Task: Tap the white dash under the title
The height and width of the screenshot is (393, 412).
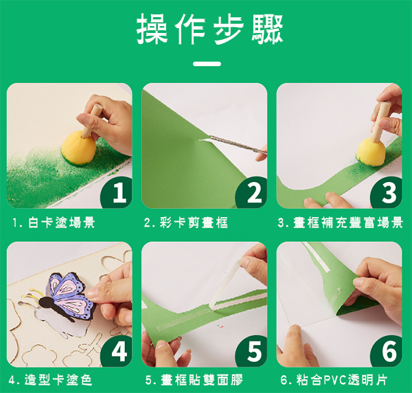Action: point(207,64)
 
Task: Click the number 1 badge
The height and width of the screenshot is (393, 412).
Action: point(116,192)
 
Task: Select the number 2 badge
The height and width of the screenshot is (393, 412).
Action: point(251,192)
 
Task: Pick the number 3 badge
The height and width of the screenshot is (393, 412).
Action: point(386,192)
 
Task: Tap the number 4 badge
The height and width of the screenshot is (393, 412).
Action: point(116,351)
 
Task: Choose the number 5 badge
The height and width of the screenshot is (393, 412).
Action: point(251,351)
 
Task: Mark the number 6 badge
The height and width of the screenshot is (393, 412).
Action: point(386,351)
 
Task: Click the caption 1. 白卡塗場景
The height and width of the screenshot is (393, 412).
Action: point(54,223)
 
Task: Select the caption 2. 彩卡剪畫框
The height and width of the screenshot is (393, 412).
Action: point(186,223)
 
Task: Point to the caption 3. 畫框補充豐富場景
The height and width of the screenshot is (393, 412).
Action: point(341,223)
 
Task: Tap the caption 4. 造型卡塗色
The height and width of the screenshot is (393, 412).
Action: point(50,380)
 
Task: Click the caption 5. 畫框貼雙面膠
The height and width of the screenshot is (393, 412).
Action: point(194,380)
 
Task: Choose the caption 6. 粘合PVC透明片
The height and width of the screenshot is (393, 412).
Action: point(334,380)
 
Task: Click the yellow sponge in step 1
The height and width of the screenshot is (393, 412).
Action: point(78,148)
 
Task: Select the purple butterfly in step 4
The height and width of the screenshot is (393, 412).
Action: point(69,295)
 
